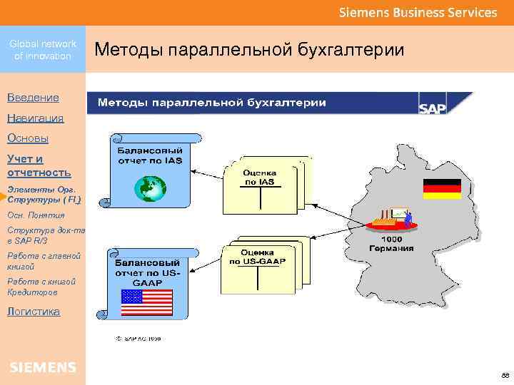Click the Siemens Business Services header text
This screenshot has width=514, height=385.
[418, 13]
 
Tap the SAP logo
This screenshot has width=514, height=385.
[432, 108]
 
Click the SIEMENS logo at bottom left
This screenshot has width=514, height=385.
[43, 367]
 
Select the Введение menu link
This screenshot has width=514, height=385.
[33, 97]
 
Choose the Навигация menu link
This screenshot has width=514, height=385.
[35, 118]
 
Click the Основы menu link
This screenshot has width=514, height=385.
[28, 138]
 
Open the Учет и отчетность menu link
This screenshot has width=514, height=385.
[39, 165]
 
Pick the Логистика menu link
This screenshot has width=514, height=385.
[34, 311]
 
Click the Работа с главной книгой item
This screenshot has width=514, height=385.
[44, 260]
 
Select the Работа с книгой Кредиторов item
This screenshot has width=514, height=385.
[41, 287]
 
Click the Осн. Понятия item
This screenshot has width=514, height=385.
[36, 215]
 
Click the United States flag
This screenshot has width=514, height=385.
[146, 302]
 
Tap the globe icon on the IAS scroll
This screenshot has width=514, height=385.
[150, 188]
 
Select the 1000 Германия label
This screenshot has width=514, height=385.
[391, 243]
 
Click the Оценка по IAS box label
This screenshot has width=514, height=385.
[260, 177]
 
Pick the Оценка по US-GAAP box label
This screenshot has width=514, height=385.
[258, 257]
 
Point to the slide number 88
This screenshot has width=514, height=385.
[505, 375]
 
